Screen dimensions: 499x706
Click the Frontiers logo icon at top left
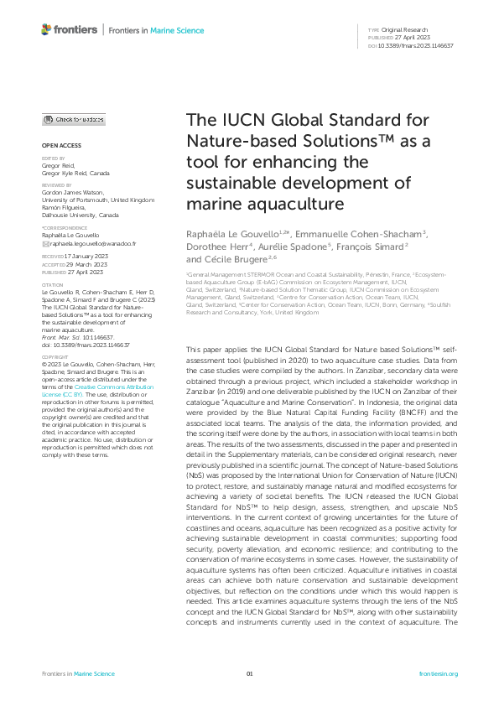point(46,30)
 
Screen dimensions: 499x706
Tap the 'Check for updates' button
point(75,120)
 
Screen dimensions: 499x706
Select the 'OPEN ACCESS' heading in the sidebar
point(56,144)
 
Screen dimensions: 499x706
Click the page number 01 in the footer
point(249,674)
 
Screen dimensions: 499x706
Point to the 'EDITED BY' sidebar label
point(53,157)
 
